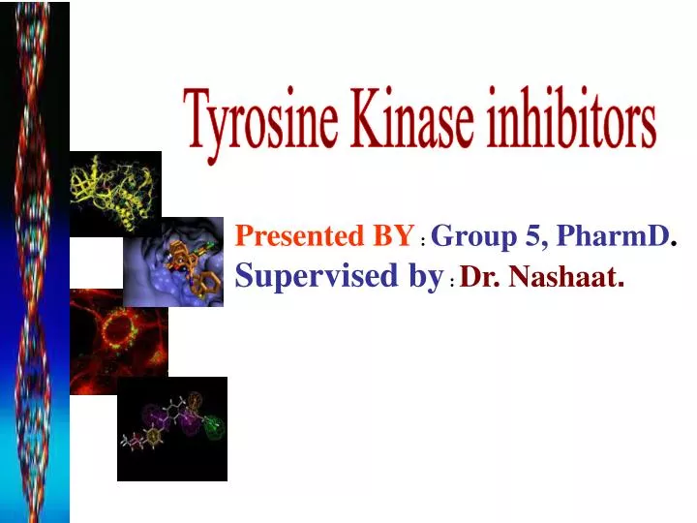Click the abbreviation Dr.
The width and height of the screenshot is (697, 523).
pyautogui.click(x=481, y=279)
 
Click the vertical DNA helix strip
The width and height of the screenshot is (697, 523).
pyautogui.click(x=35, y=261)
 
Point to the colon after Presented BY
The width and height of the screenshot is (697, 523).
pyautogui.click(x=424, y=239)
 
